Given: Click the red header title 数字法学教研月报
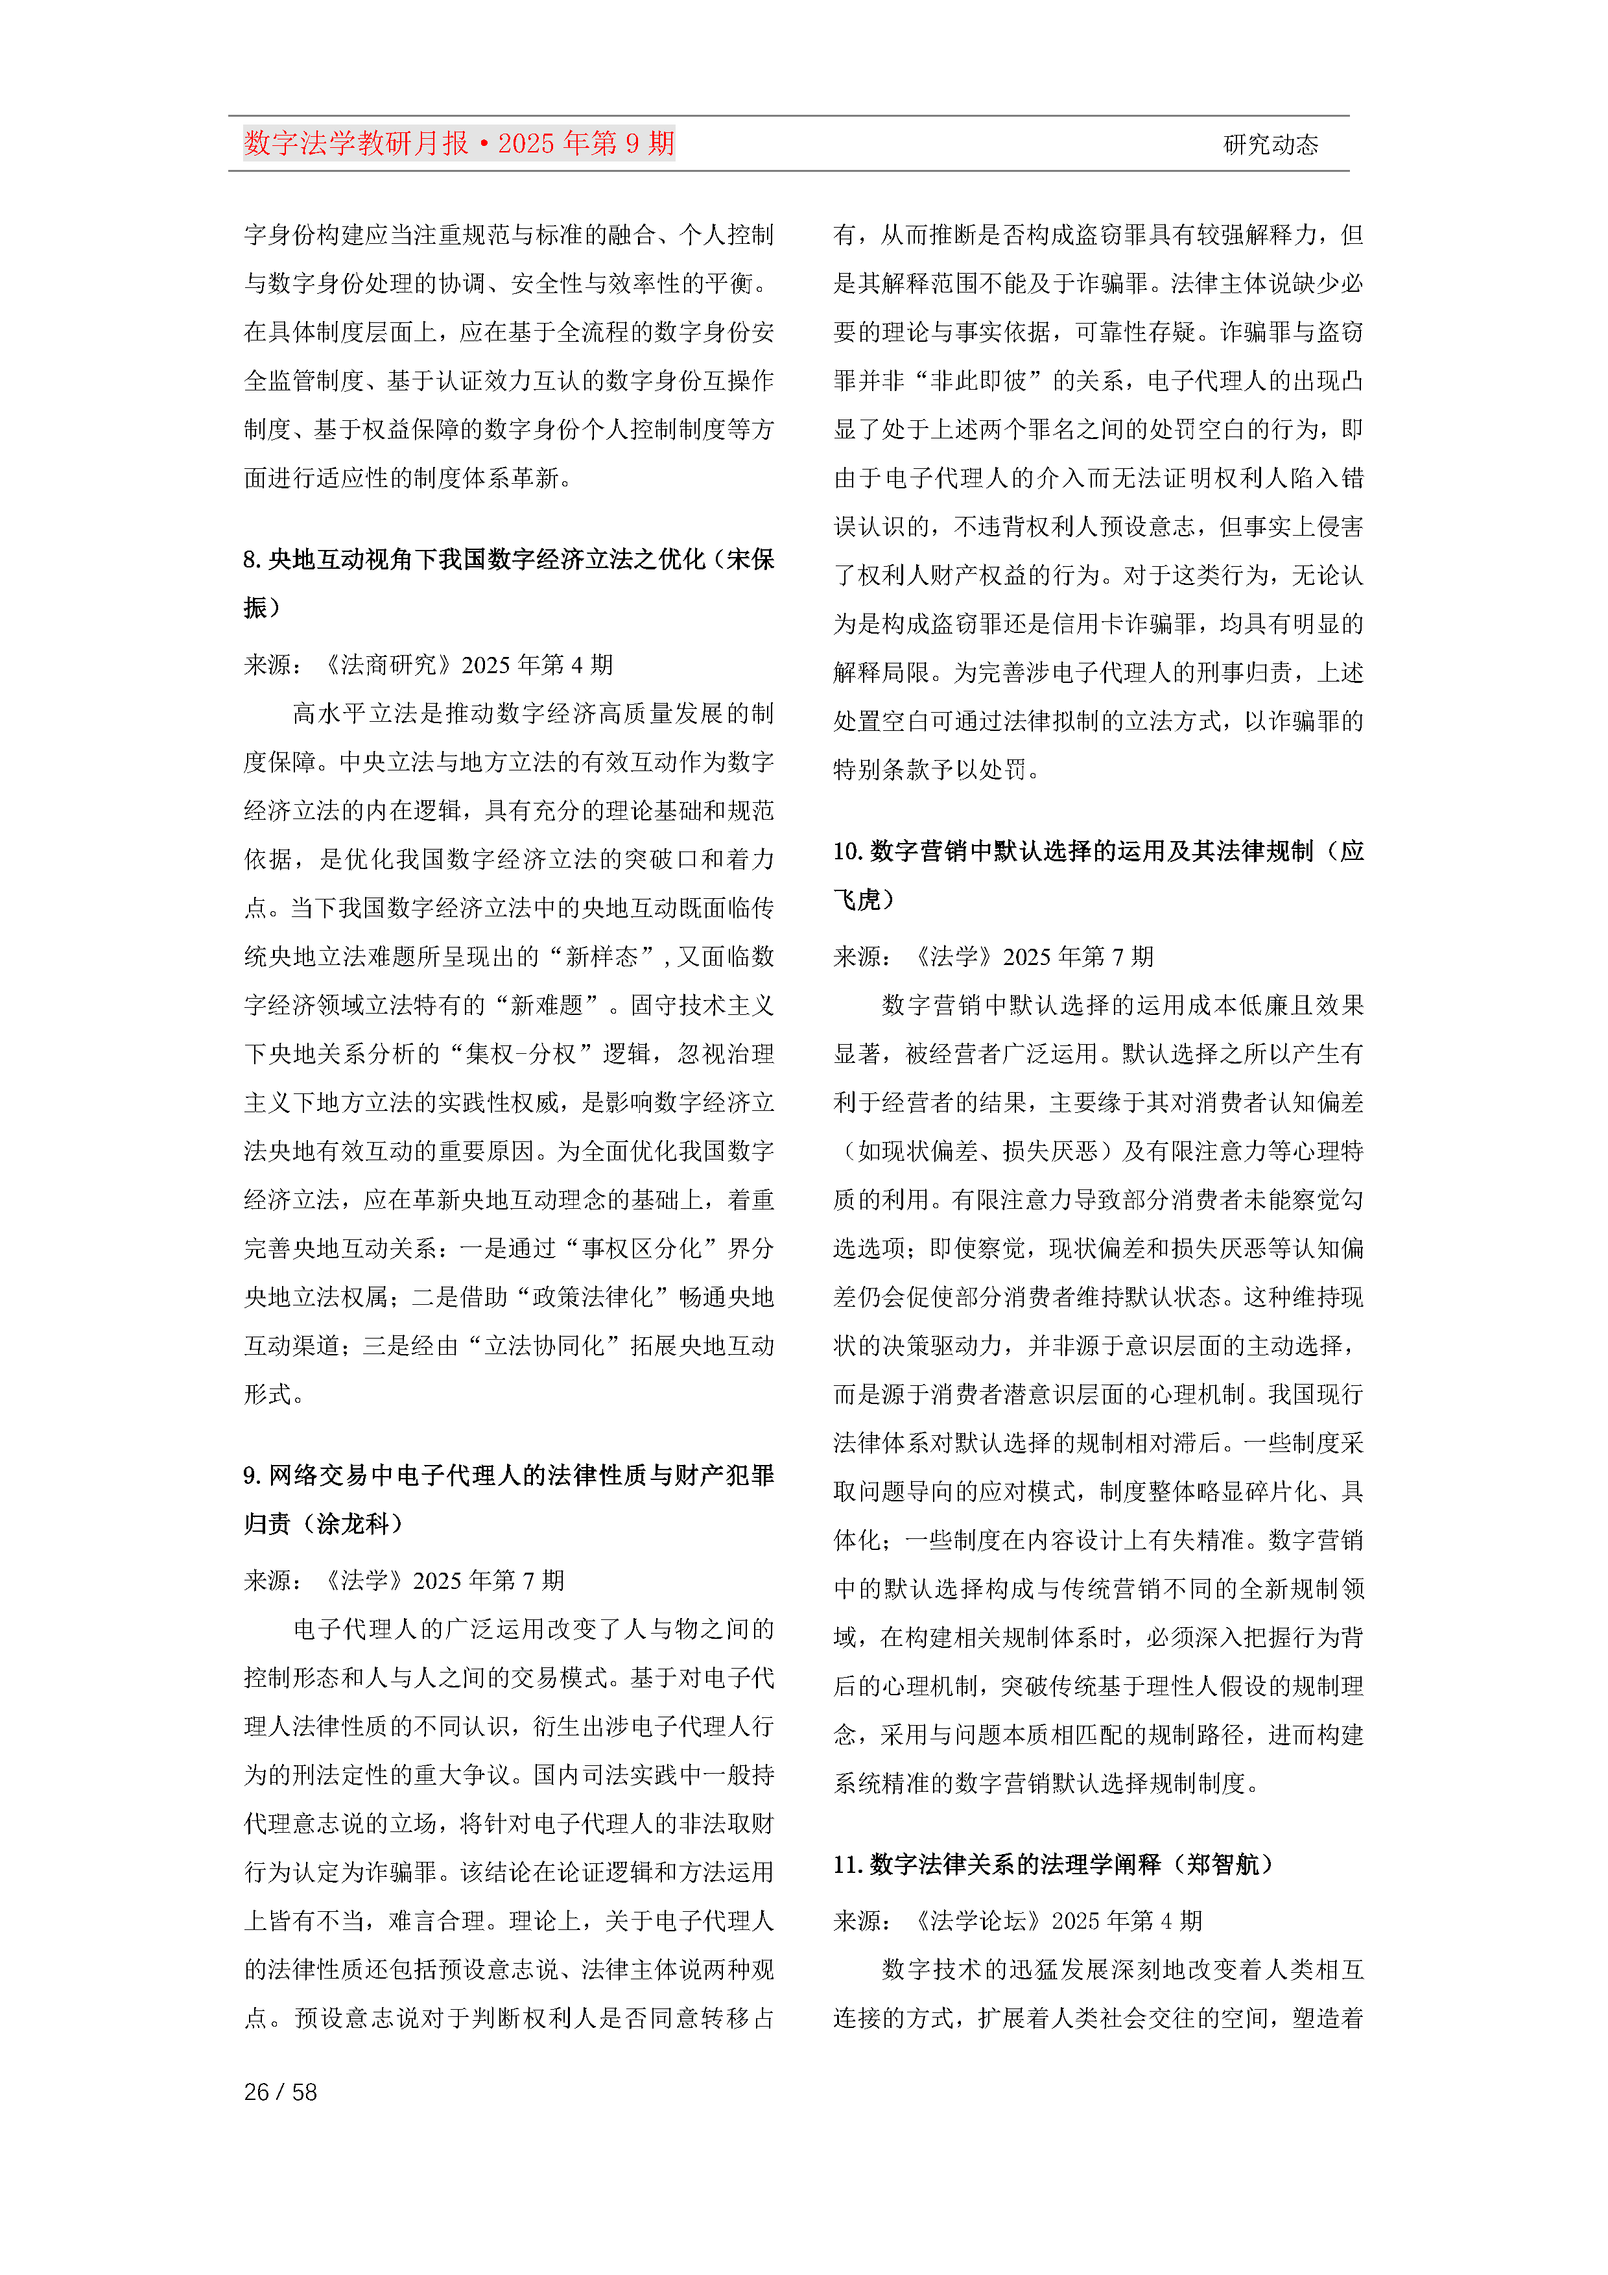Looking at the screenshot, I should (356, 144).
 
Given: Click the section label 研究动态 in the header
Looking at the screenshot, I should (1270, 145).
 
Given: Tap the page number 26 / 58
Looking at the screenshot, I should (280, 2091).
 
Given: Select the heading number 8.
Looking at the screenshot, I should (252, 560).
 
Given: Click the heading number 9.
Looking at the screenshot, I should (252, 1475).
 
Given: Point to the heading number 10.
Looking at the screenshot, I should (846, 851).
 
